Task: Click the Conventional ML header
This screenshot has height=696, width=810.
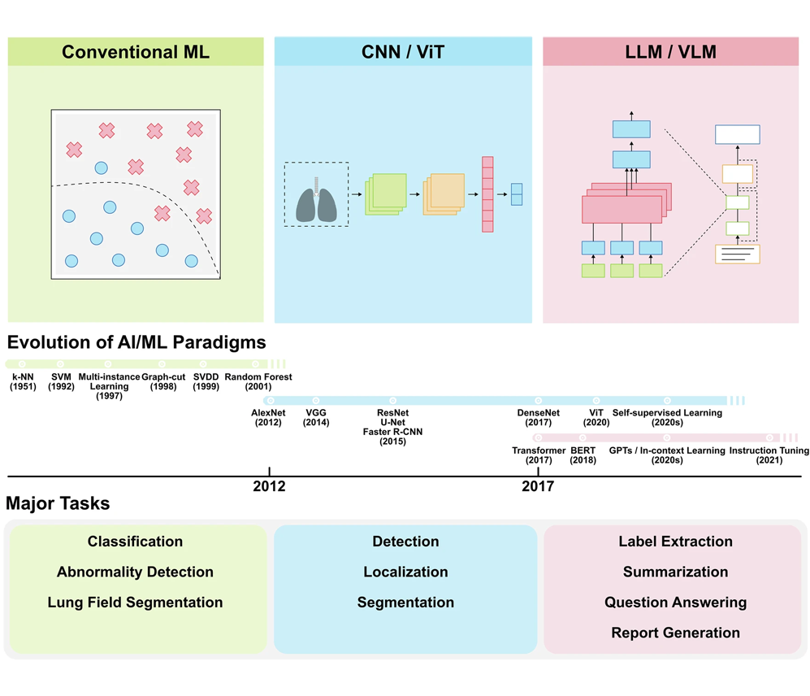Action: coord(136,52)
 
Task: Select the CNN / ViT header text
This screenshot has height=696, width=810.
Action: coord(403,52)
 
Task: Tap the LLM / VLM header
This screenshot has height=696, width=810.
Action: coord(670,52)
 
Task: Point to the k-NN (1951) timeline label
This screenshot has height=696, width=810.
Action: coord(23,381)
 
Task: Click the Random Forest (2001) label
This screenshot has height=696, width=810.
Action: coord(258,381)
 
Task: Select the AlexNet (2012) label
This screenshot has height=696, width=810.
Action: coord(268,417)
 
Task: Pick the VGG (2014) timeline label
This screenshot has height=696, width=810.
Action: coord(316,417)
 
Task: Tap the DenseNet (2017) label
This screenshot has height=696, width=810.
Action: coord(539,417)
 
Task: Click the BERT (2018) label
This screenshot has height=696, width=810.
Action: coord(583,455)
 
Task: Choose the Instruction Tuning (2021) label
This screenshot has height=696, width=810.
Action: coord(769,455)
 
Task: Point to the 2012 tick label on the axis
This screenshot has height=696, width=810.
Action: coord(269,486)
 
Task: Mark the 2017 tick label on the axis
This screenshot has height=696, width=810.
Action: coord(538,486)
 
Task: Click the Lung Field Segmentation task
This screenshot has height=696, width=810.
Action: coord(136,602)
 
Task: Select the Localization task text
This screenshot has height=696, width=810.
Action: coord(405,572)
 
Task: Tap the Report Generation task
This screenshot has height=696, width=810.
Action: coord(676,633)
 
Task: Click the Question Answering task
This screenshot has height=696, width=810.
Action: coord(676,602)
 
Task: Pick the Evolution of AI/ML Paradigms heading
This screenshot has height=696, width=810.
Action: coord(136,342)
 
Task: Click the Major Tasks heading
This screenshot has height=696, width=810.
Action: coord(58,503)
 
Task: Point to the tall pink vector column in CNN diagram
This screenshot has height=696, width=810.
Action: coord(487,194)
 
